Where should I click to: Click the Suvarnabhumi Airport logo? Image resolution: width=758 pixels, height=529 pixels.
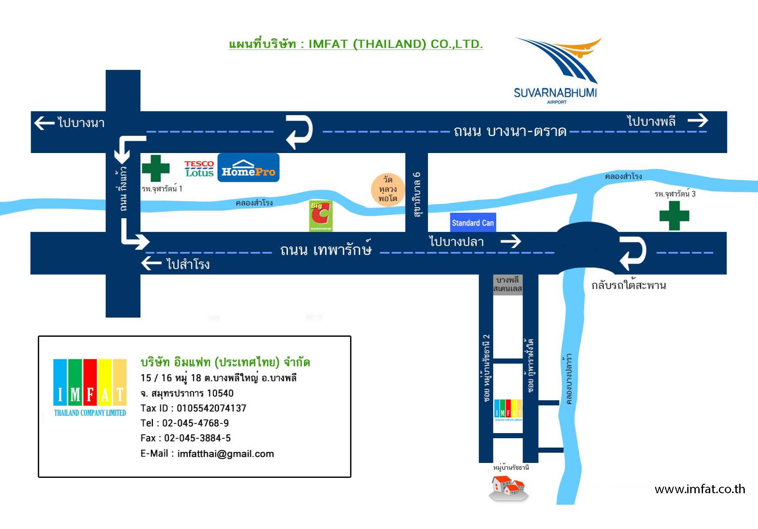click(x=556, y=70)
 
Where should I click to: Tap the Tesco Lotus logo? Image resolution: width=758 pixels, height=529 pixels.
click(x=199, y=168)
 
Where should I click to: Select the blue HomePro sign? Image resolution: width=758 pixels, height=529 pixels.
click(x=248, y=168)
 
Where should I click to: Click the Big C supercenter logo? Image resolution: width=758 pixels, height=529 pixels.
click(x=321, y=216)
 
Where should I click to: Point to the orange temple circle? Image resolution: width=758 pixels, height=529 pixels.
click(x=387, y=189)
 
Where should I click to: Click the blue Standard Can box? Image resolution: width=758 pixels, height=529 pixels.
click(x=473, y=223)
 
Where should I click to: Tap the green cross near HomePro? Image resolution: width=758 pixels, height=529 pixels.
click(x=156, y=168)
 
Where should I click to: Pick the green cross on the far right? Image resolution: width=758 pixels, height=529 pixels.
click(x=674, y=215)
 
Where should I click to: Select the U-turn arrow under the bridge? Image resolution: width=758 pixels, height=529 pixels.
click(x=633, y=253)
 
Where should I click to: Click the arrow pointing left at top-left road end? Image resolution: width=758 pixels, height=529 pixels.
click(x=44, y=123)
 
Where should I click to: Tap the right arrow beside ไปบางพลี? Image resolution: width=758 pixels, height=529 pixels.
click(x=698, y=121)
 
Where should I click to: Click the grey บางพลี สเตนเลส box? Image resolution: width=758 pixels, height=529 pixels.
click(x=508, y=285)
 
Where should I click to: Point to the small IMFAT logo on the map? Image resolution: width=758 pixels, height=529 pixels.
click(x=508, y=410)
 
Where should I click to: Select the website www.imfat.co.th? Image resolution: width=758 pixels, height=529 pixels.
click(x=700, y=489)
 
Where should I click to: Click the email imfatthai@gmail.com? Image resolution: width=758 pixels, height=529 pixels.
click(x=226, y=454)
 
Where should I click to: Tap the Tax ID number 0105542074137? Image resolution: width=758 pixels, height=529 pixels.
click(x=211, y=408)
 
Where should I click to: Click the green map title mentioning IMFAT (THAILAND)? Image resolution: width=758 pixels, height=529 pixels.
click(x=356, y=44)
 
